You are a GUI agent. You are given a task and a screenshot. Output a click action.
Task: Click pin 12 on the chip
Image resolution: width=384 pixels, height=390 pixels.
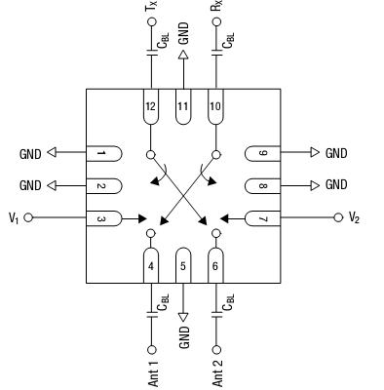151,107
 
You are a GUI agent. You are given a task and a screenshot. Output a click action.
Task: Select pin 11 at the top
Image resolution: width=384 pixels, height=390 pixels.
182,107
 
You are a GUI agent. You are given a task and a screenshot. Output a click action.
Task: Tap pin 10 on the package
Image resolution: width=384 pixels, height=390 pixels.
214,107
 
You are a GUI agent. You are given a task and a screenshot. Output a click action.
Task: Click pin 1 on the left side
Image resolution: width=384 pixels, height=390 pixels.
103,153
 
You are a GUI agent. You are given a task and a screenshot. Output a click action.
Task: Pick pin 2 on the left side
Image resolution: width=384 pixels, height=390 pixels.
103,185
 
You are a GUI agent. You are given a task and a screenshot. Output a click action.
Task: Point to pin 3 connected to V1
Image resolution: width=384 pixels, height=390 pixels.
103,217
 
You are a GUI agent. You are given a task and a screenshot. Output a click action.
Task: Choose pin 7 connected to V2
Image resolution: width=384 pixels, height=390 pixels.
263,217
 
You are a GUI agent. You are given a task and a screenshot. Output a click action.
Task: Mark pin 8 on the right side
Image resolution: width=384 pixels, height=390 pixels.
263,185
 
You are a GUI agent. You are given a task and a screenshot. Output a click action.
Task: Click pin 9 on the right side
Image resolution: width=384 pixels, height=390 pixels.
263,153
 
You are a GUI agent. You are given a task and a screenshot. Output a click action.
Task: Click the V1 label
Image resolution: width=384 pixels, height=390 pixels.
14,218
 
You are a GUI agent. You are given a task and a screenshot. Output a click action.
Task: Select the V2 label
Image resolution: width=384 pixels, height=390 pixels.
354,218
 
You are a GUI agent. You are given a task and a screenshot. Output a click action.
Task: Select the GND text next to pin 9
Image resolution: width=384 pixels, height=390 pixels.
336,153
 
